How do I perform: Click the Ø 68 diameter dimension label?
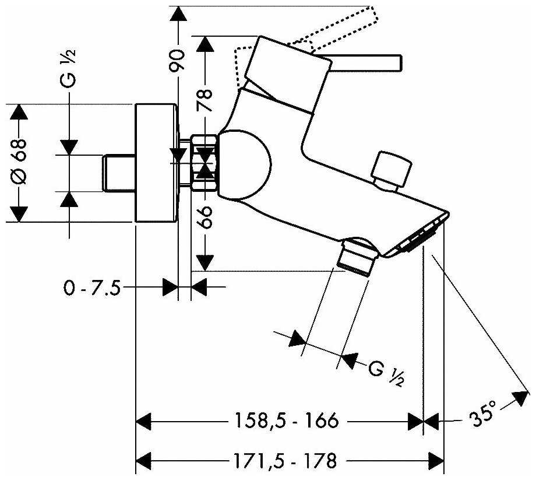19,161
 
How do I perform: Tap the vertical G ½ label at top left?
68,69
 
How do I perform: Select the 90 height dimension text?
177,61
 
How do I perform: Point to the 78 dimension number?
204,100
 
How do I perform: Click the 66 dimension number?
204,217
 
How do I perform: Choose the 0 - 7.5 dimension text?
92,288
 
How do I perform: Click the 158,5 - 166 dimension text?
287,420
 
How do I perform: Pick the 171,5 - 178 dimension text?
285,461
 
